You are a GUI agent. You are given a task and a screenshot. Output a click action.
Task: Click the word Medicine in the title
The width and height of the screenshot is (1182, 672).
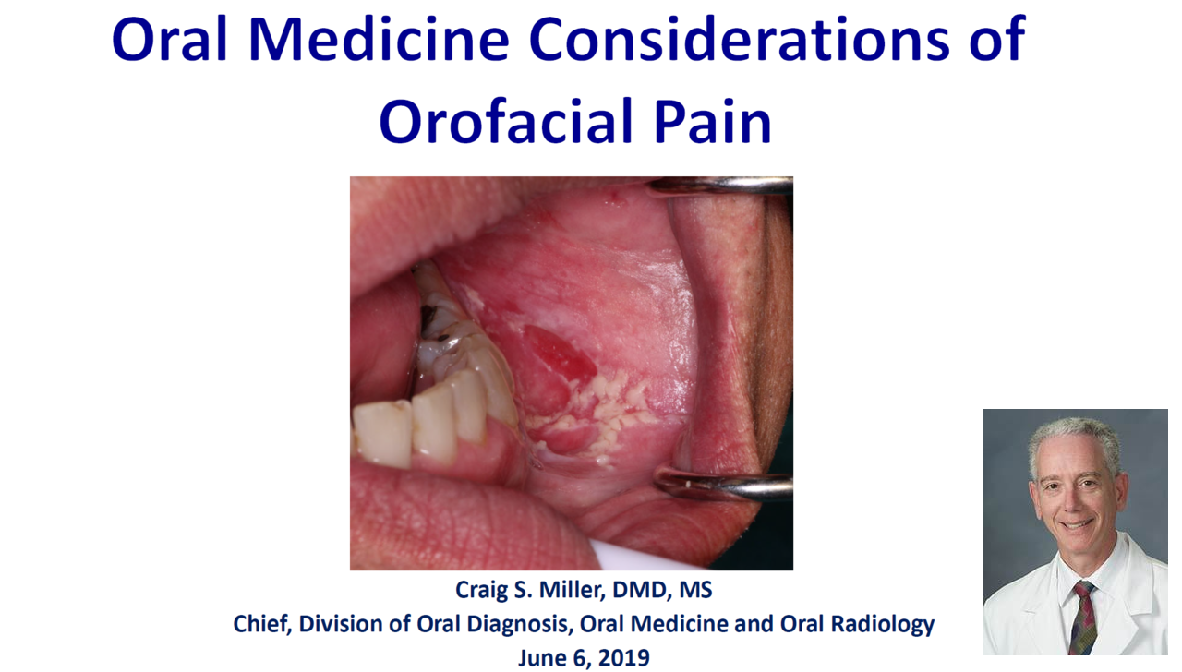(x=379, y=40)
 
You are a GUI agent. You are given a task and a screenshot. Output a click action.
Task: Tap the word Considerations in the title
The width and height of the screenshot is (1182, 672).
(x=740, y=40)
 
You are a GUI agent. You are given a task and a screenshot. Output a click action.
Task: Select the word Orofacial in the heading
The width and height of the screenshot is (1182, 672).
(x=506, y=121)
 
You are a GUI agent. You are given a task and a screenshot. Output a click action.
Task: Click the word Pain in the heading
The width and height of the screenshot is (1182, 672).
(x=712, y=121)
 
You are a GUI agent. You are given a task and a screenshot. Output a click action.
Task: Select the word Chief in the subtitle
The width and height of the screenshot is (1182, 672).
(x=262, y=624)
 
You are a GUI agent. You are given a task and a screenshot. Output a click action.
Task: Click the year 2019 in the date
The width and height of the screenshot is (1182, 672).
(x=623, y=658)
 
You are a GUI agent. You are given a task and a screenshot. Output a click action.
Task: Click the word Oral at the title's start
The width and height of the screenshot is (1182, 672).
(x=169, y=40)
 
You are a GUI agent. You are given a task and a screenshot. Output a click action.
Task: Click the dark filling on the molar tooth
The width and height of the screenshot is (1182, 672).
(x=428, y=316)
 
